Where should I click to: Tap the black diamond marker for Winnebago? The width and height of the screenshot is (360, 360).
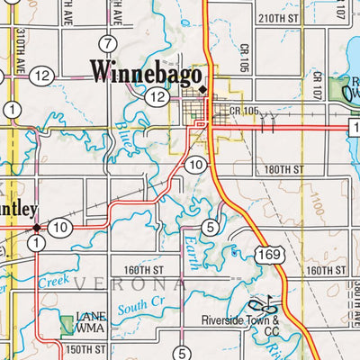click(x=203, y=90)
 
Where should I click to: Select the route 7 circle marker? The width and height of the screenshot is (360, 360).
click(x=108, y=44)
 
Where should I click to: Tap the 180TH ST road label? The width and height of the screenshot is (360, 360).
click(x=284, y=168)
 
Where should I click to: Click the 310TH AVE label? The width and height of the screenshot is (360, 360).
click(x=19, y=49)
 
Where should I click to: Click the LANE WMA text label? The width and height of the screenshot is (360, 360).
click(x=92, y=322)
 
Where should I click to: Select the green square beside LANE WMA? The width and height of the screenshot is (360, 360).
click(x=66, y=325)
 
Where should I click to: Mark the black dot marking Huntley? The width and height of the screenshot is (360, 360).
click(x=37, y=228)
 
